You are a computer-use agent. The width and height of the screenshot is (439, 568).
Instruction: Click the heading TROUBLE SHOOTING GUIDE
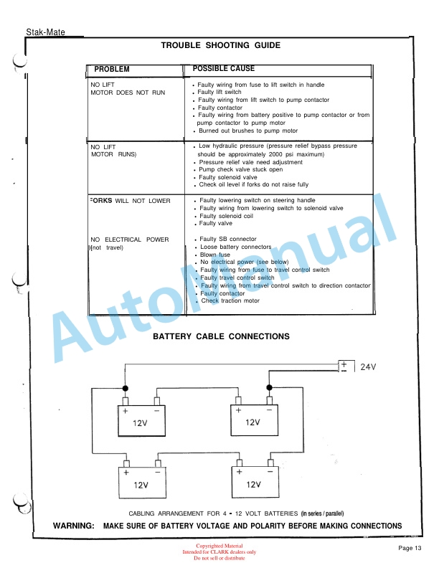click(219, 45)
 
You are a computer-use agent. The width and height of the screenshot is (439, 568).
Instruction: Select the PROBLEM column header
click(112, 69)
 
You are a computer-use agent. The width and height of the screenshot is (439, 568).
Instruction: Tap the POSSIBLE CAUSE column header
click(223, 68)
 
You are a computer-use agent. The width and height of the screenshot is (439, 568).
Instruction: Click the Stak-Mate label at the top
click(45, 32)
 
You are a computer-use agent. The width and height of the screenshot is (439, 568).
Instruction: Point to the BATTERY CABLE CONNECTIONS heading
click(221, 336)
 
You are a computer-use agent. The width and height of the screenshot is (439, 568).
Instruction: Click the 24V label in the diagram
click(368, 366)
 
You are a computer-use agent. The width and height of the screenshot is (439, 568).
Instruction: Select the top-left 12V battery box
click(141, 422)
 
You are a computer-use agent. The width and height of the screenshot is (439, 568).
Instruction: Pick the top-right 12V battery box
click(252, 422)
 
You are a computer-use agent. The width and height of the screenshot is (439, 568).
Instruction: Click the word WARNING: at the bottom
click(74, 526)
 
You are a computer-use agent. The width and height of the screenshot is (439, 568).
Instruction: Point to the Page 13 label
click(410, 548)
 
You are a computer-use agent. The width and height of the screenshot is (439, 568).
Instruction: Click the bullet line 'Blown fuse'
click(215, 255)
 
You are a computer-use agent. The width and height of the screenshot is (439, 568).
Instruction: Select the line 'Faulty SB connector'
click(227, 239)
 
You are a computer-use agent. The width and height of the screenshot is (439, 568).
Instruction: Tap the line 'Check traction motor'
click(230, 300)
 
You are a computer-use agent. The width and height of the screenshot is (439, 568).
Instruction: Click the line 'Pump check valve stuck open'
click(240, 170)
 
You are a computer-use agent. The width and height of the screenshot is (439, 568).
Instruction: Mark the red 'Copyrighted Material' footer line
click(219, 546)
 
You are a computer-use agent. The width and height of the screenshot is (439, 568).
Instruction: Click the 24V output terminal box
click(345, 366)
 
